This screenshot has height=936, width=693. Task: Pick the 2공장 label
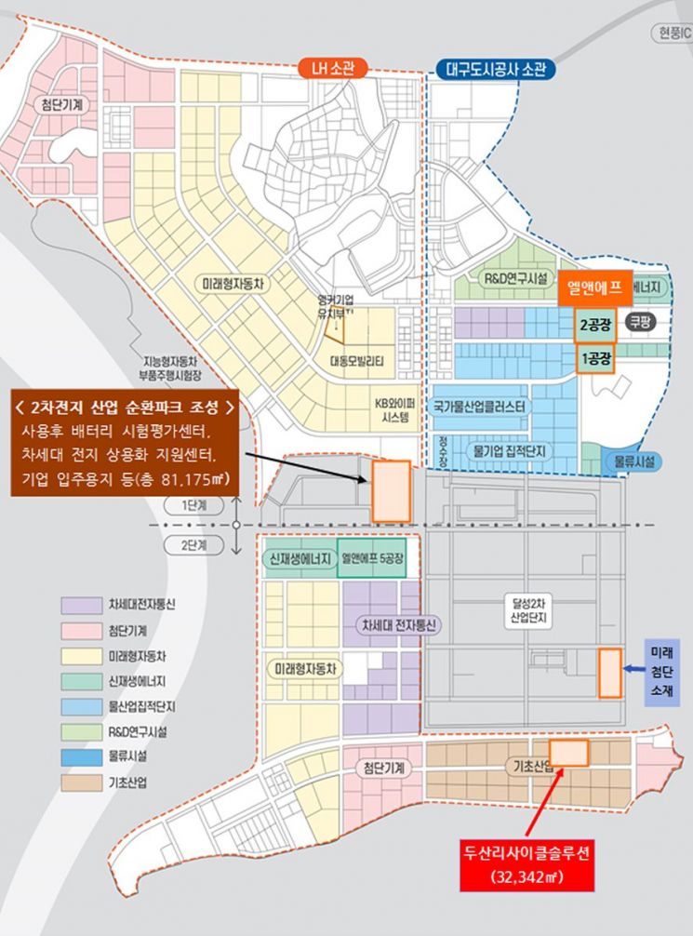point(595,326)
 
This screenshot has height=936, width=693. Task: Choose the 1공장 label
point(595,357)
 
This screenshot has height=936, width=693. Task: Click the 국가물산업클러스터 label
point(479,407)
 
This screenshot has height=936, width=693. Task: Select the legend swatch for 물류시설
point(81,757)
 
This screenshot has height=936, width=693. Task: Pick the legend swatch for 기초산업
point(81,782)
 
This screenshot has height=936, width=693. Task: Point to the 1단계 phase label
point(198,504)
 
